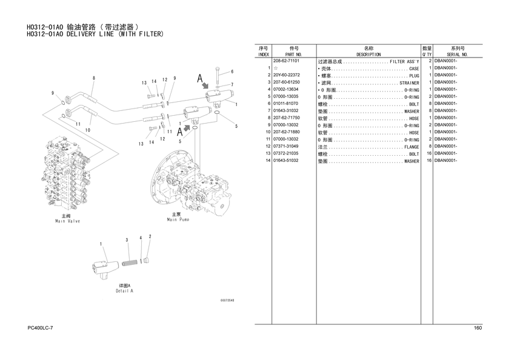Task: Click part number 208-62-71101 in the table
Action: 286,61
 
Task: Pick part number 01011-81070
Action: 285,104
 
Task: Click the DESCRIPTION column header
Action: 368,54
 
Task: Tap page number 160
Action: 477,328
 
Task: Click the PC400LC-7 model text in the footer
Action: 41,328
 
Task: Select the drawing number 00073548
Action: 227,301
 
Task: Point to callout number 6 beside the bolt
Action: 232,72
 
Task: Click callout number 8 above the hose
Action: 94,78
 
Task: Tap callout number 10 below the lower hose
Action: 88,130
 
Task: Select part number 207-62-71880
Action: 286,132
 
